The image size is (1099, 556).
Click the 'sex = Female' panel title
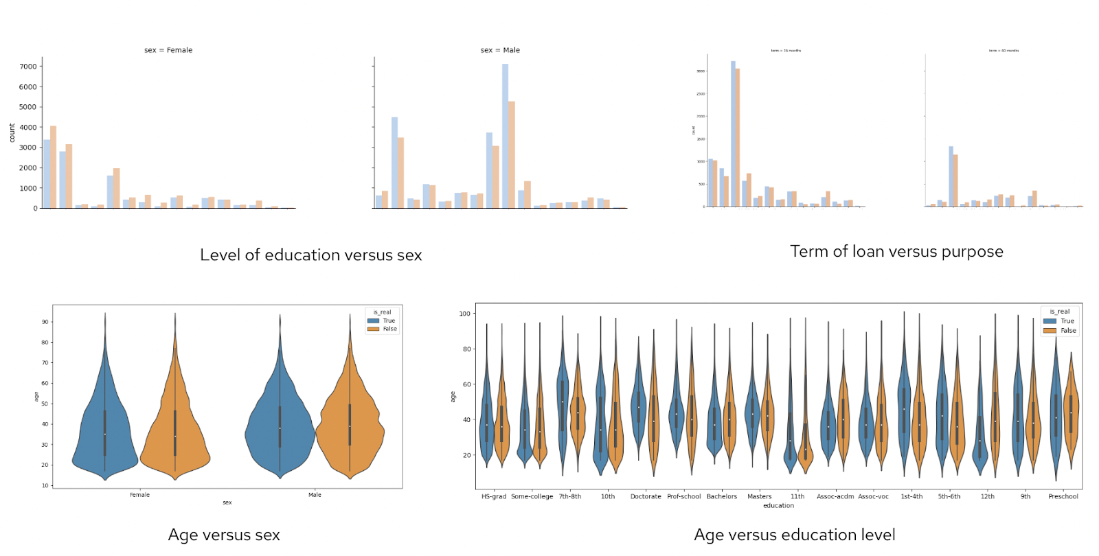click(168, 50)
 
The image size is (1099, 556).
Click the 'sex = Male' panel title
click(500, 50)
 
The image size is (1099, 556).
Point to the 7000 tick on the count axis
click(28, 67)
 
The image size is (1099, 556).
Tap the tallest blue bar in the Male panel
click(505, 137)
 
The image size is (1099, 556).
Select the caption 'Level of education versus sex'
click(310, 255)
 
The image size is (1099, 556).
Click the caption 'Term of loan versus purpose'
click(896, 252)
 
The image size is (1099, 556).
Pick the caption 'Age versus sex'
click(224, 535)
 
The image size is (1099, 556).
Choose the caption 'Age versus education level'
click(794, 535)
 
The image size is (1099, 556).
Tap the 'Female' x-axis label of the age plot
click(139, 495)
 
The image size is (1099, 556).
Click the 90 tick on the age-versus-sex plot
click(45, 322)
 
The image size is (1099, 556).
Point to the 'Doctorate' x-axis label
click(646, 496)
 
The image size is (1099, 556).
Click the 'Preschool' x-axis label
click(1063, 496)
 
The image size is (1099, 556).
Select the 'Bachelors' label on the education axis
click(721, 496)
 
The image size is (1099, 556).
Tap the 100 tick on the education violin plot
click(465, 314)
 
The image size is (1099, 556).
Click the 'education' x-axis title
click(778, 506)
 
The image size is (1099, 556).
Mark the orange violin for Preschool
click(1071, 412)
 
